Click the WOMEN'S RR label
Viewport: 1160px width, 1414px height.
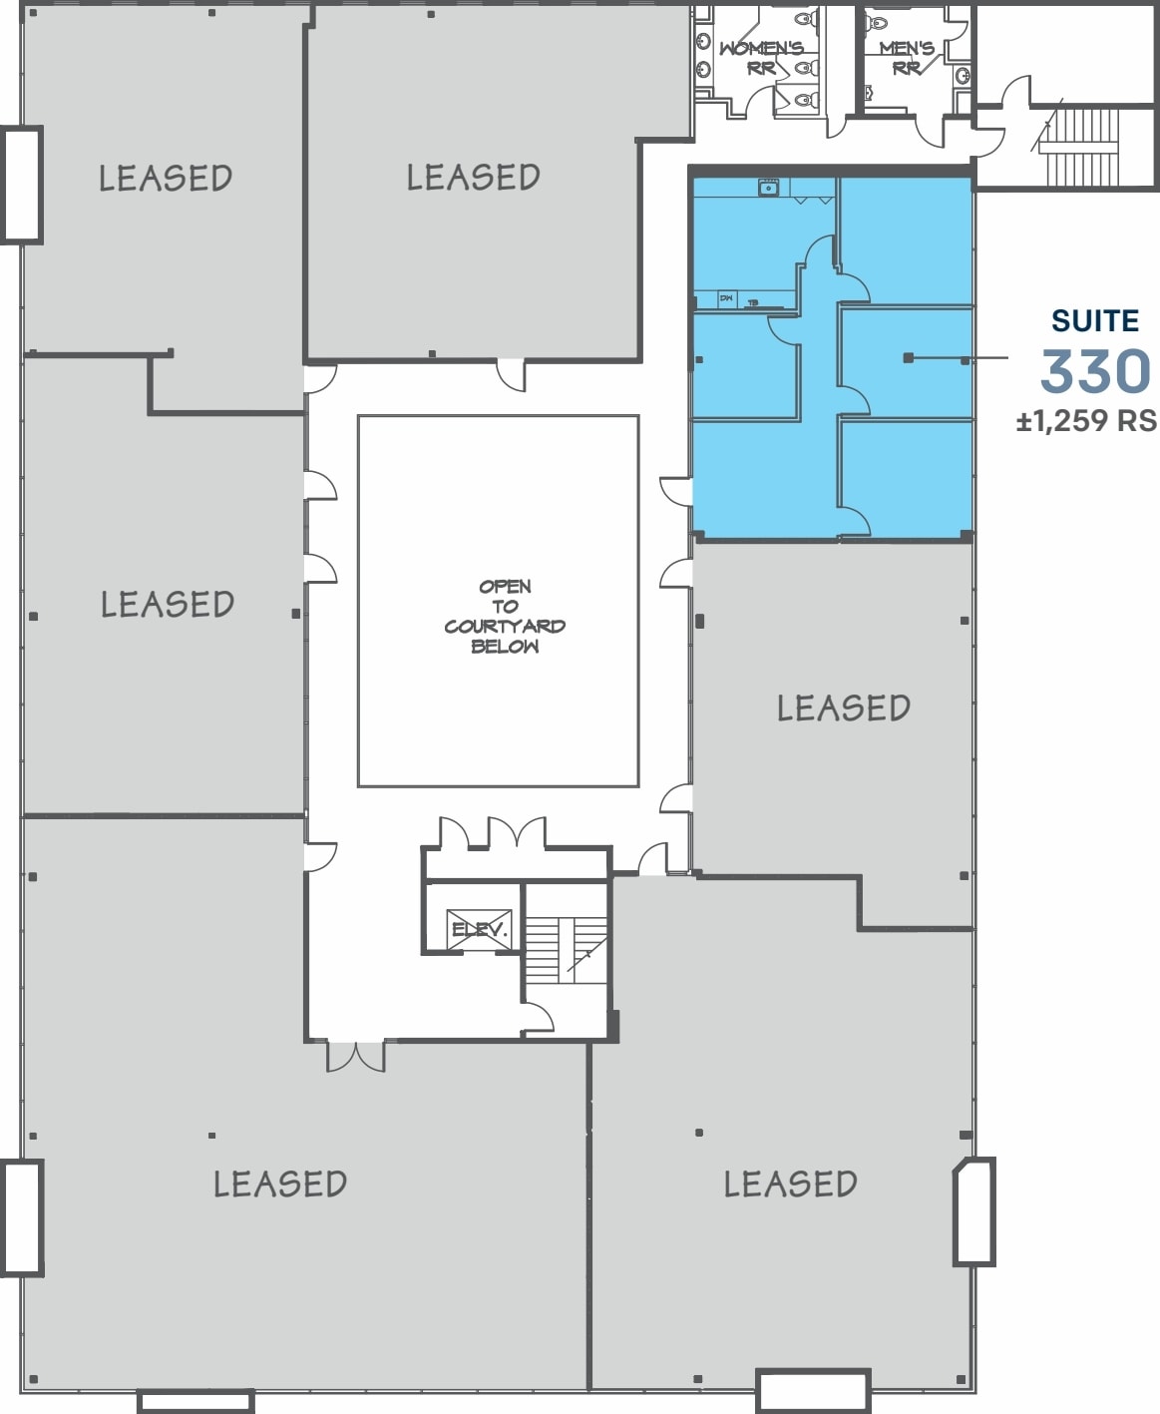(761, 58)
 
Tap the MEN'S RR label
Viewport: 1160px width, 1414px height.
(907, 58)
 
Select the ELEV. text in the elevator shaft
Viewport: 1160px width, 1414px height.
(480, 930)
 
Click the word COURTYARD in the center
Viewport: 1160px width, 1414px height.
(505, 627)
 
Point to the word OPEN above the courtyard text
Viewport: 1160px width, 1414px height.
(505, 587)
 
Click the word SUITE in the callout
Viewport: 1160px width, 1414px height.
(1094, 321)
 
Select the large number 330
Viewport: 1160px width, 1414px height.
(1095, 371)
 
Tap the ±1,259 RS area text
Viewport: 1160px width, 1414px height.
(1086, 421)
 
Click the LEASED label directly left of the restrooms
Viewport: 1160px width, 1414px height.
(473, 178)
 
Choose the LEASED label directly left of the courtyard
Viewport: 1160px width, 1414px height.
(168, 605)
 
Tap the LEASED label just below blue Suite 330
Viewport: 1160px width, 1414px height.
(843, 708)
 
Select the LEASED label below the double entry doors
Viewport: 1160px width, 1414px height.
(280, 1184)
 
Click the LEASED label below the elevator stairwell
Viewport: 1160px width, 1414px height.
(790, 1184)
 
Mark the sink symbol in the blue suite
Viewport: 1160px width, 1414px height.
(768, 188)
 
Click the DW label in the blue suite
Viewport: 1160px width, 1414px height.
(726, 298)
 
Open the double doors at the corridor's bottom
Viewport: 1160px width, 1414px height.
(355, 1057)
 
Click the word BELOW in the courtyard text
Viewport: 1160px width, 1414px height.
(505, 647)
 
